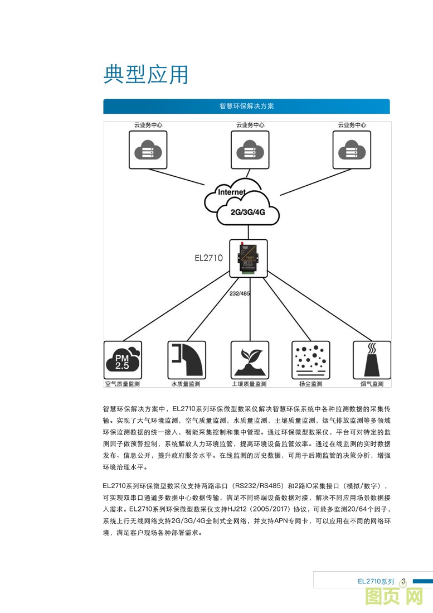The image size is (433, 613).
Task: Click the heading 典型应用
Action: pyautogui.click(x=145, y=75)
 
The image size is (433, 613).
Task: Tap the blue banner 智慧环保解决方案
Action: pyautogui.click(x=246, y=106)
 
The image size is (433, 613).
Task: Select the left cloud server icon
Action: pyautogui.click(x=148, y=149)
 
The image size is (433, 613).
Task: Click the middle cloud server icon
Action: pyautogui.click(x=250, y=149)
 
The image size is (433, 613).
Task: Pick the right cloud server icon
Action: pyautogui.click(x=352, y=149)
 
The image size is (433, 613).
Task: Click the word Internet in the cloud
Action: pyautogui.click(x=231, y=192)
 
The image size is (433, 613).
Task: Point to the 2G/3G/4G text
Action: pyautogui.click(x=247, y=213)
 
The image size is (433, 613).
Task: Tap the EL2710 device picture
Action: pyautogui.click(x=249, y=258)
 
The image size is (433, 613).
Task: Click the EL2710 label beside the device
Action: pyautogui.click(x=208, y=258)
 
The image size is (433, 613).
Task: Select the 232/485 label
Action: pyautogui.click(x=241, y=293)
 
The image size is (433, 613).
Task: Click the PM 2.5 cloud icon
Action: pyautogui.click(x=123, y=360)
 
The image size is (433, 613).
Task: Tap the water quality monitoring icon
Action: pyautogui.click(x=186, y=360)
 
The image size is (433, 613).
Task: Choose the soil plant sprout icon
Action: pyautogui.click(x=249, y=360)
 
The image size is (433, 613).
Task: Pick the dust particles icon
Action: pyautogui.click(x=310, y=360)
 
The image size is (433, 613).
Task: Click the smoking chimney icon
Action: pyautogui.click(x=372, y=360)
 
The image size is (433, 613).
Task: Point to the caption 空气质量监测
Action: pyautogui.click(x=123, y=384)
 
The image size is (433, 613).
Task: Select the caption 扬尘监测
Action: pyautogui.click(x=310, y=384)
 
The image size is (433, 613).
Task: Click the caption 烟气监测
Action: pyautogui.click(x=372, y=384)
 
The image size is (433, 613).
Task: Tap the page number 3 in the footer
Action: pyautogui.click(x=403, y=581)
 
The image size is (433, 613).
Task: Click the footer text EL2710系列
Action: pyautogui.click(x=376, y=581)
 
